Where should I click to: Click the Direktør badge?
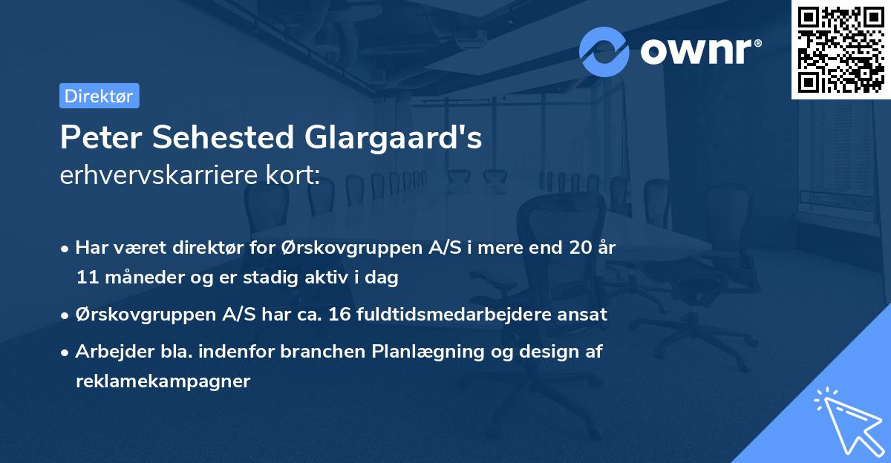coord(99,96)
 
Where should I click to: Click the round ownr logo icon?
coord(604,52)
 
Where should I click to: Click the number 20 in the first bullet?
coord(581,247)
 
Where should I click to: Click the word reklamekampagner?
coord(163,381)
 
